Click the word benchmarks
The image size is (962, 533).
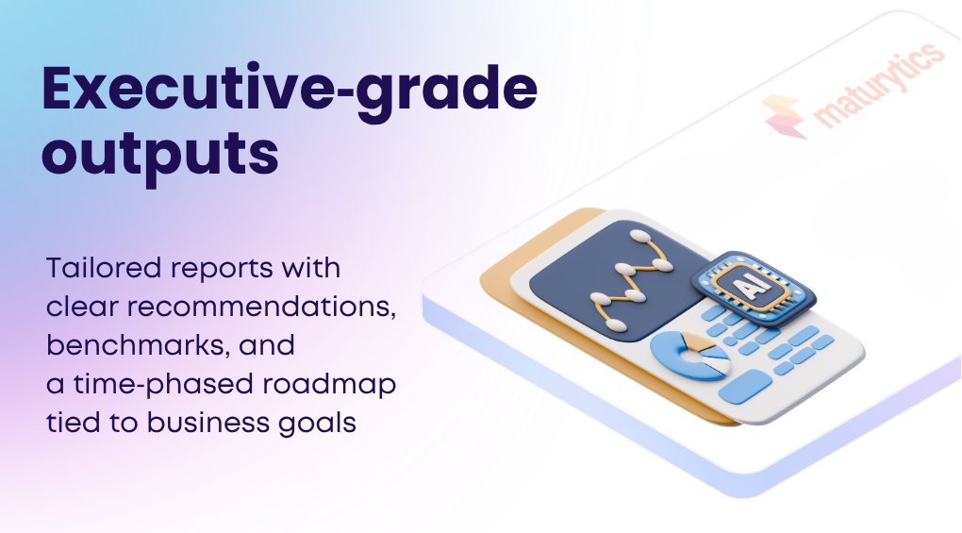137,346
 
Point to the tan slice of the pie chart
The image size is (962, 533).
694,341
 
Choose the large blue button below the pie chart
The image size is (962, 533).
744,385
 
